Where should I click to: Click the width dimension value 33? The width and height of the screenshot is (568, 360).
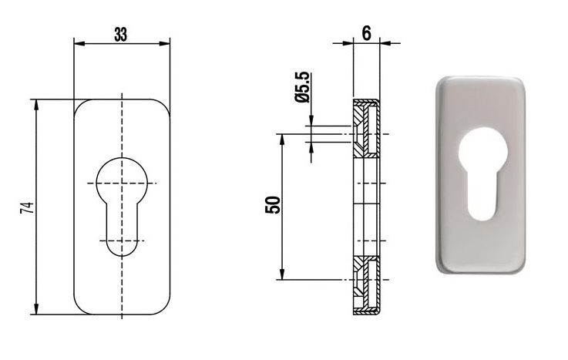pos(121,35)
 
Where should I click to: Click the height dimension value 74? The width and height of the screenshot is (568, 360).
pos(28,207)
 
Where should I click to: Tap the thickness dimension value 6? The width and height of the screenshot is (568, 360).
pos(367,33)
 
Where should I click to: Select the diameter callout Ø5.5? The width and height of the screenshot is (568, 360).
pos(302,87)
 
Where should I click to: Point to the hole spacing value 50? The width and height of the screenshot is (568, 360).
pos(273,205)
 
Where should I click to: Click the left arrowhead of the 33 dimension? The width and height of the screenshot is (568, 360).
pos(79,44)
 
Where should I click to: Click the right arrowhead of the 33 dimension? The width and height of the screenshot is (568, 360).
pos(165,44)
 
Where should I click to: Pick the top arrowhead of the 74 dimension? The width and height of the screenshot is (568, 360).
pos(36,105)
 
